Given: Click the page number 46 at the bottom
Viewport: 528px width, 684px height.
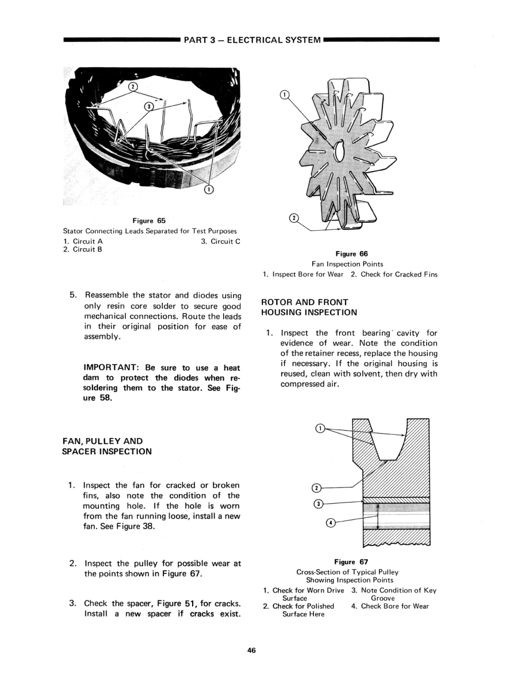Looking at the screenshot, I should pyautogui.click(x=251, y=650).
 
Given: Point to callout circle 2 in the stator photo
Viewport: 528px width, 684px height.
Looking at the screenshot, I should pyautogui.click(x=133, y=88).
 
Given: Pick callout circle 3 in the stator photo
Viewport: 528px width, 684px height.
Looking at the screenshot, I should pyautogui.click(x=149, y=106).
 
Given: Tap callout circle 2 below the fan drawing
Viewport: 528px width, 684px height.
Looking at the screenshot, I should pyautogui.click(x=293, y=218).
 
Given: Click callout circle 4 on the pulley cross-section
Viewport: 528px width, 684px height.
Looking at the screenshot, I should pyautogui.click(x=330, y=523).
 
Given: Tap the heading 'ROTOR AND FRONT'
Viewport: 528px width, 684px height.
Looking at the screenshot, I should pyautogui.click(x=305, y=302).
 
